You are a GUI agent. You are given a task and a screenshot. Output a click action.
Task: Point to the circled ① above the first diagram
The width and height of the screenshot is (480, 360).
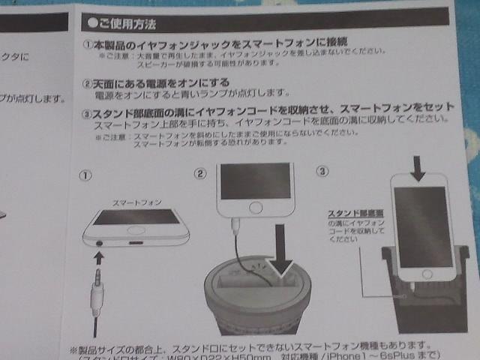[86, 175]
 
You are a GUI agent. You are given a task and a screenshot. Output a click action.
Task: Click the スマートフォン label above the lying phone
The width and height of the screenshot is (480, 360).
[137, 203]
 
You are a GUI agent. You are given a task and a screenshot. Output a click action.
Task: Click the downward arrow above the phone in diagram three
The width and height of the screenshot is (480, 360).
[418, 166]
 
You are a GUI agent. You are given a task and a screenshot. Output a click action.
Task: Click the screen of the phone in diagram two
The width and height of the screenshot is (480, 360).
[256, 180]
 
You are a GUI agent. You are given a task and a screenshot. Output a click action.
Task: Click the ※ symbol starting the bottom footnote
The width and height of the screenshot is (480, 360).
[73, 349]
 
